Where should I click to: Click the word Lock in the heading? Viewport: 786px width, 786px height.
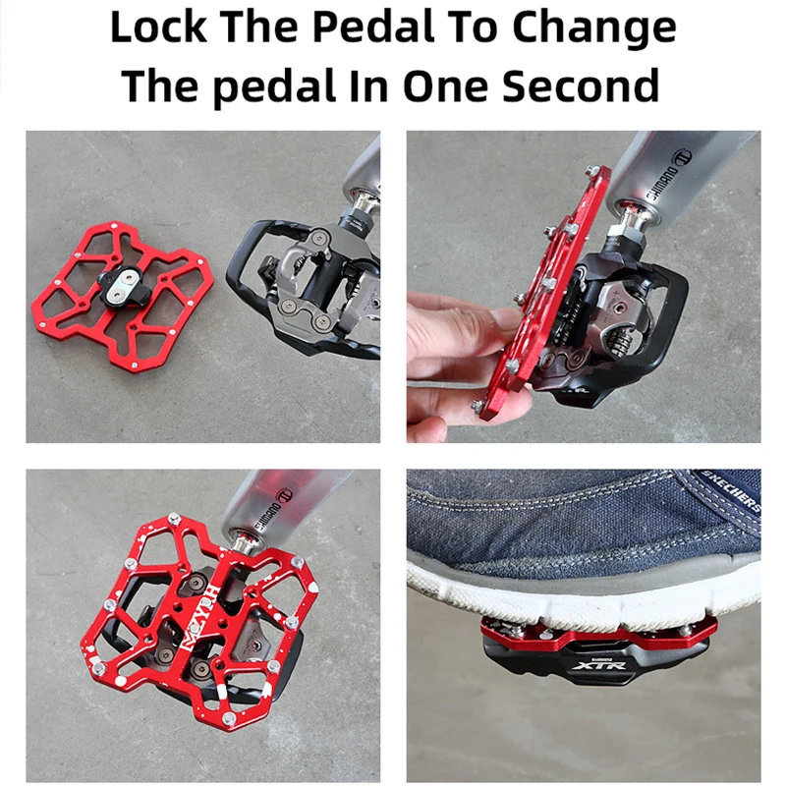pos(156,28)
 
